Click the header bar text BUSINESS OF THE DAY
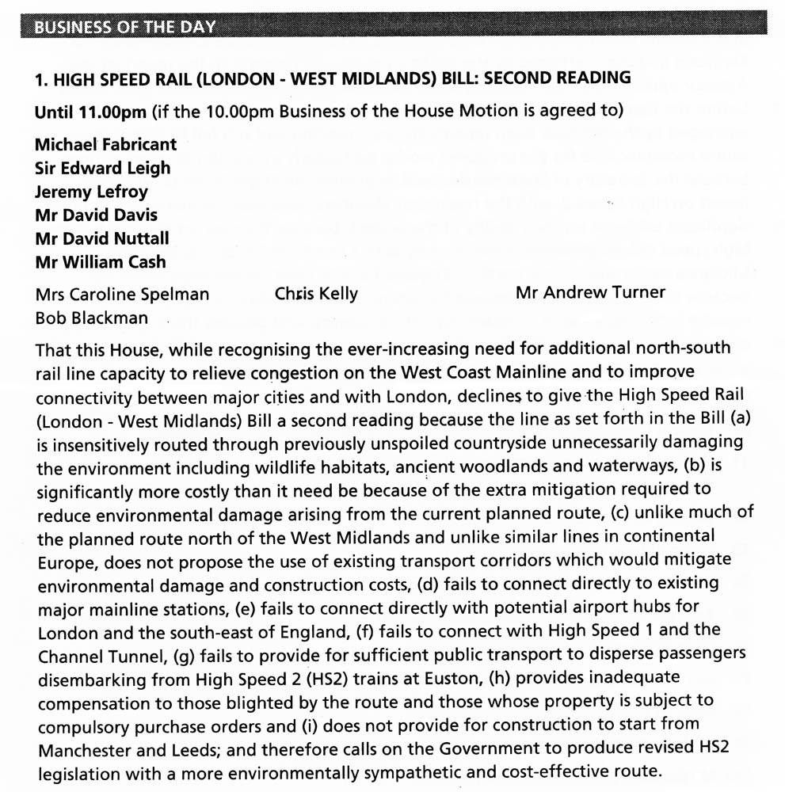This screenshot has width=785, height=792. coord(124,27)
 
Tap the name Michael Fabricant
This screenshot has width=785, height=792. coord(106,144)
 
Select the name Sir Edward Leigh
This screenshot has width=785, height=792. coord(103,168)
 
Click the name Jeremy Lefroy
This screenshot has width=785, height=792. coord(91,192)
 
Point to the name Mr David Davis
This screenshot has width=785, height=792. coord(96,215)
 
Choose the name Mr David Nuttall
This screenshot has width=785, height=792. coord(102,238)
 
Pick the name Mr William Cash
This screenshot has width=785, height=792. coord(101,261)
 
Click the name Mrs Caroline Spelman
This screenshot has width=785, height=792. coord(123,295)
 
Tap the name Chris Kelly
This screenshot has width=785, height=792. coord(316,294)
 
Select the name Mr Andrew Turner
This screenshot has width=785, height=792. coord(590,293)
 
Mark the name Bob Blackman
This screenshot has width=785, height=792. coord(91,318)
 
